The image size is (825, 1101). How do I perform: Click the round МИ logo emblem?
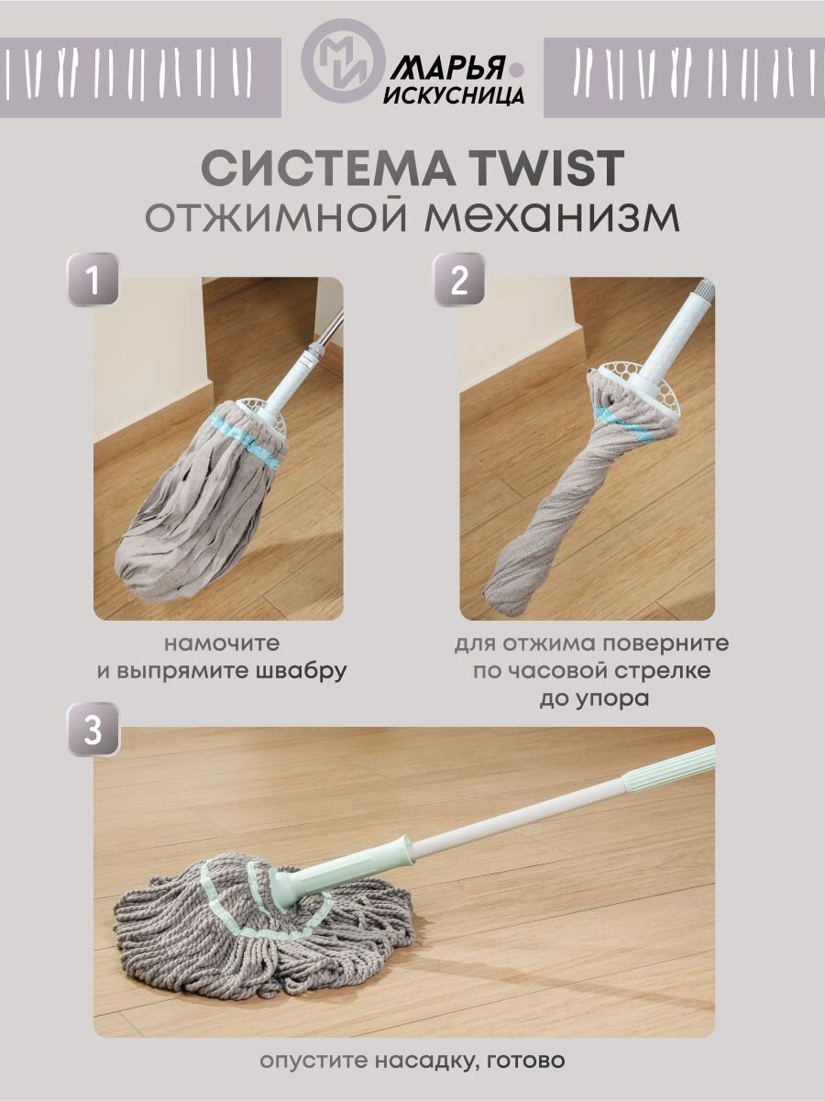point(343,61)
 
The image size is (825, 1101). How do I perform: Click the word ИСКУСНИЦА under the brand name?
point(454,94)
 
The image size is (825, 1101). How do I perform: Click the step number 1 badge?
point(93,279)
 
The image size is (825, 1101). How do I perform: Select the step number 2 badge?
point(459,279)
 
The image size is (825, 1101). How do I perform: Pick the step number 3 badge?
point(93,730)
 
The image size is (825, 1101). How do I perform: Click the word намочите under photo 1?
point(222,644)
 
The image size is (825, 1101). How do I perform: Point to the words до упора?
point(594,699)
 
